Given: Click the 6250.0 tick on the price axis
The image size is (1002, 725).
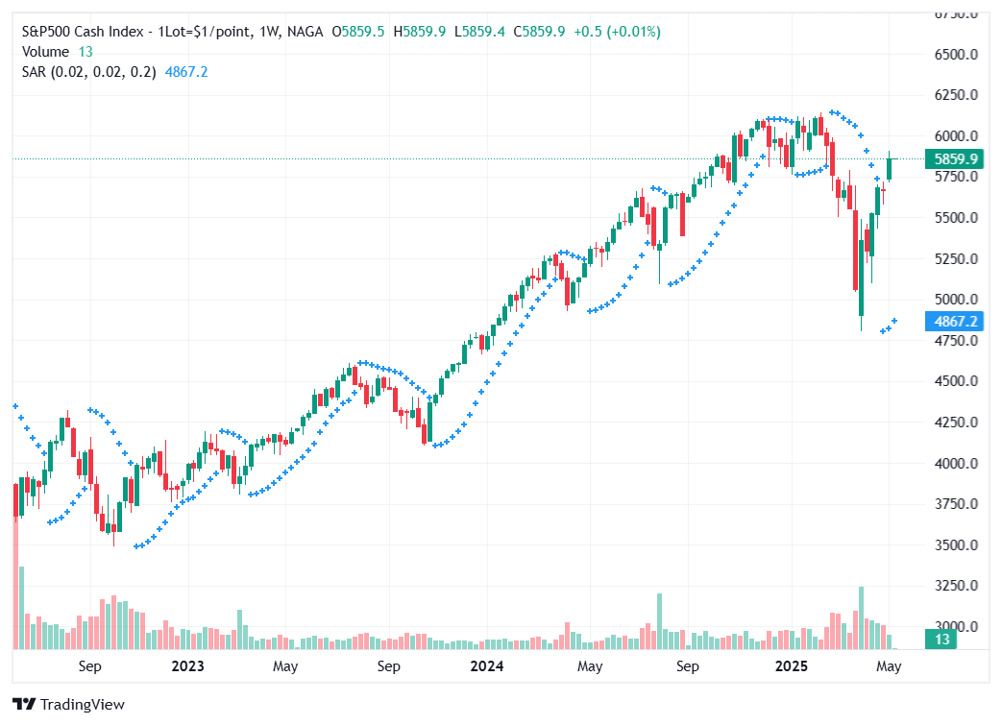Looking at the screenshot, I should pyautogui.click(x=956, y=95).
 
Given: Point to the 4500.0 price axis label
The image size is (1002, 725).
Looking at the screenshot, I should pyautogui.click(x=956, y=381).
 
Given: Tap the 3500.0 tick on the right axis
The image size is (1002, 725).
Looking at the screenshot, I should pyautogui.click(x=956, y=544).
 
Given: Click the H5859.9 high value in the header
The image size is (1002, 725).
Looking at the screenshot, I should pyautogui.click(x=424, y=32).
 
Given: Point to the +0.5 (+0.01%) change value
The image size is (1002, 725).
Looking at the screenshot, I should pyautogui.click(x=617, y=32).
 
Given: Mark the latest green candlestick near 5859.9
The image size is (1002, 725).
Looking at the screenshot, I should pyautogui.click(x=890, y=168).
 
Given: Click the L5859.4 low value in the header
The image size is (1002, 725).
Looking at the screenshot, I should pyautogui.click(x=484, y=32).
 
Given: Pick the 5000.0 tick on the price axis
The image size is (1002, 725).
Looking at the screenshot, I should pyautogui.click(x=956, y=300).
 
